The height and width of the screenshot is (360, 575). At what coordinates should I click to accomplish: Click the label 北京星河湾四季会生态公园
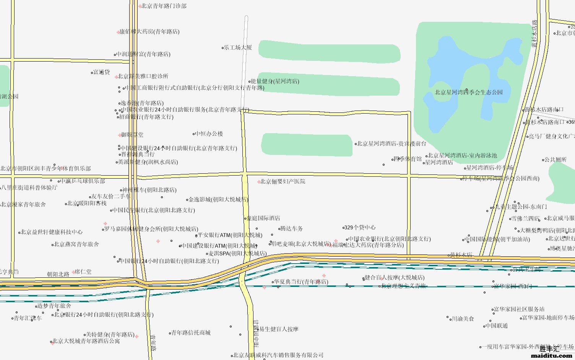tap(469, 92)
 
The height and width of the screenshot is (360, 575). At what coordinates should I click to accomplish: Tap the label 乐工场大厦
tap(238, 47)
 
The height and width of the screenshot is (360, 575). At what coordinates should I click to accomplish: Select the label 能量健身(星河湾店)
tap(275, 81)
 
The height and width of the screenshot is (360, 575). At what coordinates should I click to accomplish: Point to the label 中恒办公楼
tap(209, 134)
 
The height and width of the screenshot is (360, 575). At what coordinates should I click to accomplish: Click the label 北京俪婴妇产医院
tap(283, 181)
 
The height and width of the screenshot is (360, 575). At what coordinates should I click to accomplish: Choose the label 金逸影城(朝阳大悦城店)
tap(218, 199)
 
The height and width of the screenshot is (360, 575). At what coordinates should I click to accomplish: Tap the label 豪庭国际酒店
tap(263, 218)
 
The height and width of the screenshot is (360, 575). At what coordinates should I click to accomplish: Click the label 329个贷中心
tap(360, 227)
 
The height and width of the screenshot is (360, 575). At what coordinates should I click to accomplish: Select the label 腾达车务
tap(291, 228)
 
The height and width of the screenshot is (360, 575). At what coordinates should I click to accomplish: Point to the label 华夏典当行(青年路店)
tap(301, 282)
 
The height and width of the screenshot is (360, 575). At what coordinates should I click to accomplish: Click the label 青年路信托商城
tap(191, 332)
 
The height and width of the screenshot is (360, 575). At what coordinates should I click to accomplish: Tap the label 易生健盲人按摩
tap(279, 329)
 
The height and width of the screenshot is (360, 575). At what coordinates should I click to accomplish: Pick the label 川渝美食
tap(463, 318)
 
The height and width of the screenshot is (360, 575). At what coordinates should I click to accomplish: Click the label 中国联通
tap(496, 326)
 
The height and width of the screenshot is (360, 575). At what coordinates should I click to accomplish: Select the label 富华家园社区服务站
tap(519, 309)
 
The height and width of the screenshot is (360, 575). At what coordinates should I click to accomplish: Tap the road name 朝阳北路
tap(58, 274)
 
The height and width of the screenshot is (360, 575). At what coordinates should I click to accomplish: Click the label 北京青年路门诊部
tap(164, 6)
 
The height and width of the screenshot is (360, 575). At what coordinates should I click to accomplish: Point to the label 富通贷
tap(102, 72)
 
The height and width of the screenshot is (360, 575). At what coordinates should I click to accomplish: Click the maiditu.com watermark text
tap(551, 355)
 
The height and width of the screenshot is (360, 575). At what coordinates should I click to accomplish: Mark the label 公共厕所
tap(556, 160)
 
